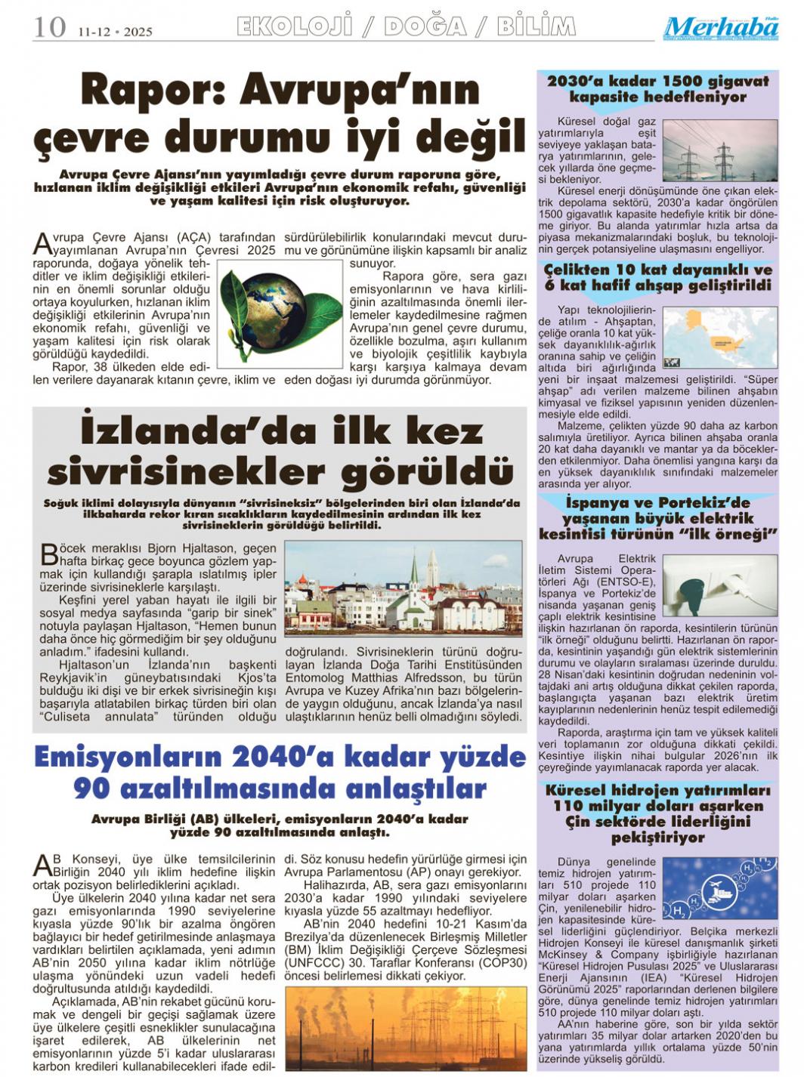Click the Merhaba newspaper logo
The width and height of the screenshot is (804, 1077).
click(x=721, y=28)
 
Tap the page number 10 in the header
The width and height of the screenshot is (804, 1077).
click(x=49, y=27)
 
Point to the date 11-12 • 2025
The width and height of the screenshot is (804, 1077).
click(x=115, y=31)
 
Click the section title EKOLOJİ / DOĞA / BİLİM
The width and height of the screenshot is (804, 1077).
click(x=406, y=27)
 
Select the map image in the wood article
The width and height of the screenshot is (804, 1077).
click(x=730, y=337)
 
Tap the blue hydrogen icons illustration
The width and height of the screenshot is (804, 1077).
click(x=719, y=887)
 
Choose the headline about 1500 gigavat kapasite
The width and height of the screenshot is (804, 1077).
click(x=657, y=88)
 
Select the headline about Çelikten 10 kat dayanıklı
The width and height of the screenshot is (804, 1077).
click(x=657, y=277)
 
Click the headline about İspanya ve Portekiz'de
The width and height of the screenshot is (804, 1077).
click(x=657, y=518)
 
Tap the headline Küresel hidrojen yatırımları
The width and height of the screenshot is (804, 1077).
click(x=657, y=813)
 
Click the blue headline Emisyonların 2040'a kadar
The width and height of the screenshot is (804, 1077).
click(x=280, y=772)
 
